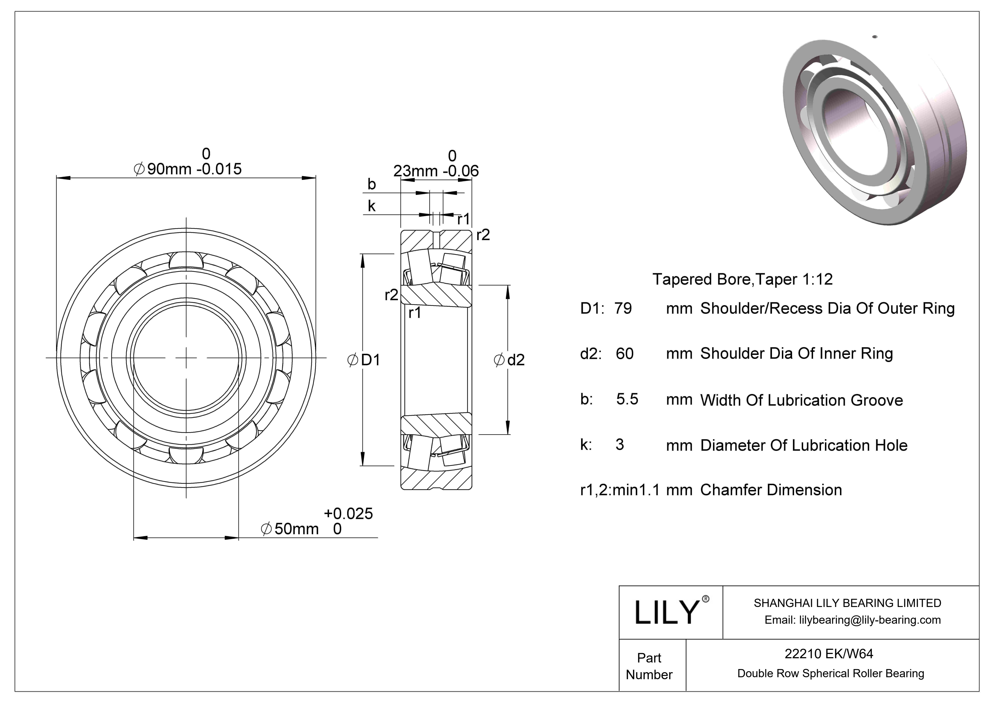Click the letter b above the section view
372,184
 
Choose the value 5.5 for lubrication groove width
627,399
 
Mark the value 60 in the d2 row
624,354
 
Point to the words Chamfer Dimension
771,490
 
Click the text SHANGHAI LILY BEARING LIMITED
847,603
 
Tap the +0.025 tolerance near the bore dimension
348,514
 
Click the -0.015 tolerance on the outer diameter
219,169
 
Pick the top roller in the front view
186,260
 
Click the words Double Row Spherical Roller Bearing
830,673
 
